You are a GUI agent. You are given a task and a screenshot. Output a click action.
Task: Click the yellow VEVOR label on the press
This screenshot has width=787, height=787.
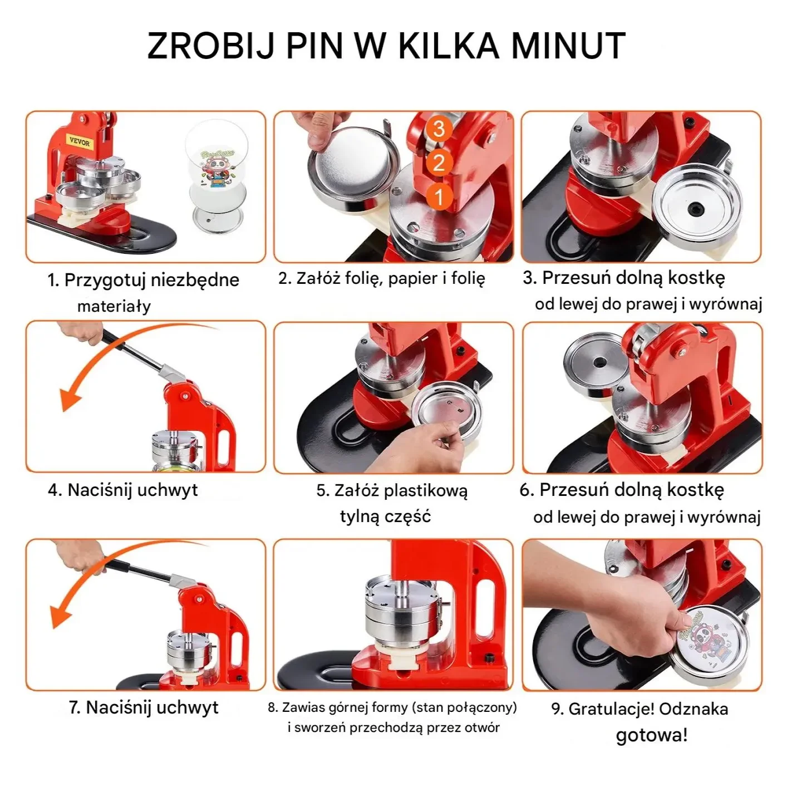80,141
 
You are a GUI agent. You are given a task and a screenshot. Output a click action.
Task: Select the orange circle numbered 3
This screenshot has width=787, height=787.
439,129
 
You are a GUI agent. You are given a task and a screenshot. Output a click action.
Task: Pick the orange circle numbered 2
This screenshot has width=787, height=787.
439,163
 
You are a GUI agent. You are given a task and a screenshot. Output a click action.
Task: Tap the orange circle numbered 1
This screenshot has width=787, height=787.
439,197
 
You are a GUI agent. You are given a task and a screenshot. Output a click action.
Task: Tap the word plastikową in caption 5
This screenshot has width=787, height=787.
426,490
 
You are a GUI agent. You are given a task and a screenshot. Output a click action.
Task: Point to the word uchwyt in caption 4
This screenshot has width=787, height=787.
168,490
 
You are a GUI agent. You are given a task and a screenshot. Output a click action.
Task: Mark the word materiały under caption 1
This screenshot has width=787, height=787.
114,306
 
